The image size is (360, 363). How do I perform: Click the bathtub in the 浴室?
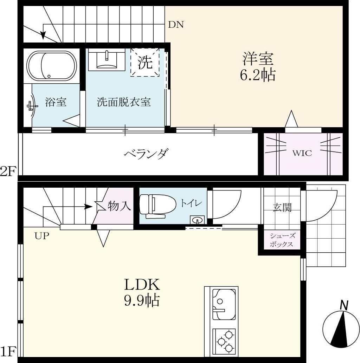(x=52, y=66)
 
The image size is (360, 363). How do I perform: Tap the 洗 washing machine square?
(x=145, y=62)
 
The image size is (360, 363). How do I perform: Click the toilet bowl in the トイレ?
(x=157, y=204)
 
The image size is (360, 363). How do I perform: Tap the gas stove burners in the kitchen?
(x=224, y=340)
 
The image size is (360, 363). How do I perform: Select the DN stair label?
(x=176, y=25)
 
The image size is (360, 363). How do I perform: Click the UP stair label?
(x=42, y=236)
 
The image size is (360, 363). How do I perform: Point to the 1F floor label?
(x=8, y=351)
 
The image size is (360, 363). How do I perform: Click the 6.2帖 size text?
(x=258, y=75)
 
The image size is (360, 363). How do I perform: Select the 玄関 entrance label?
(x=282, y=207)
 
